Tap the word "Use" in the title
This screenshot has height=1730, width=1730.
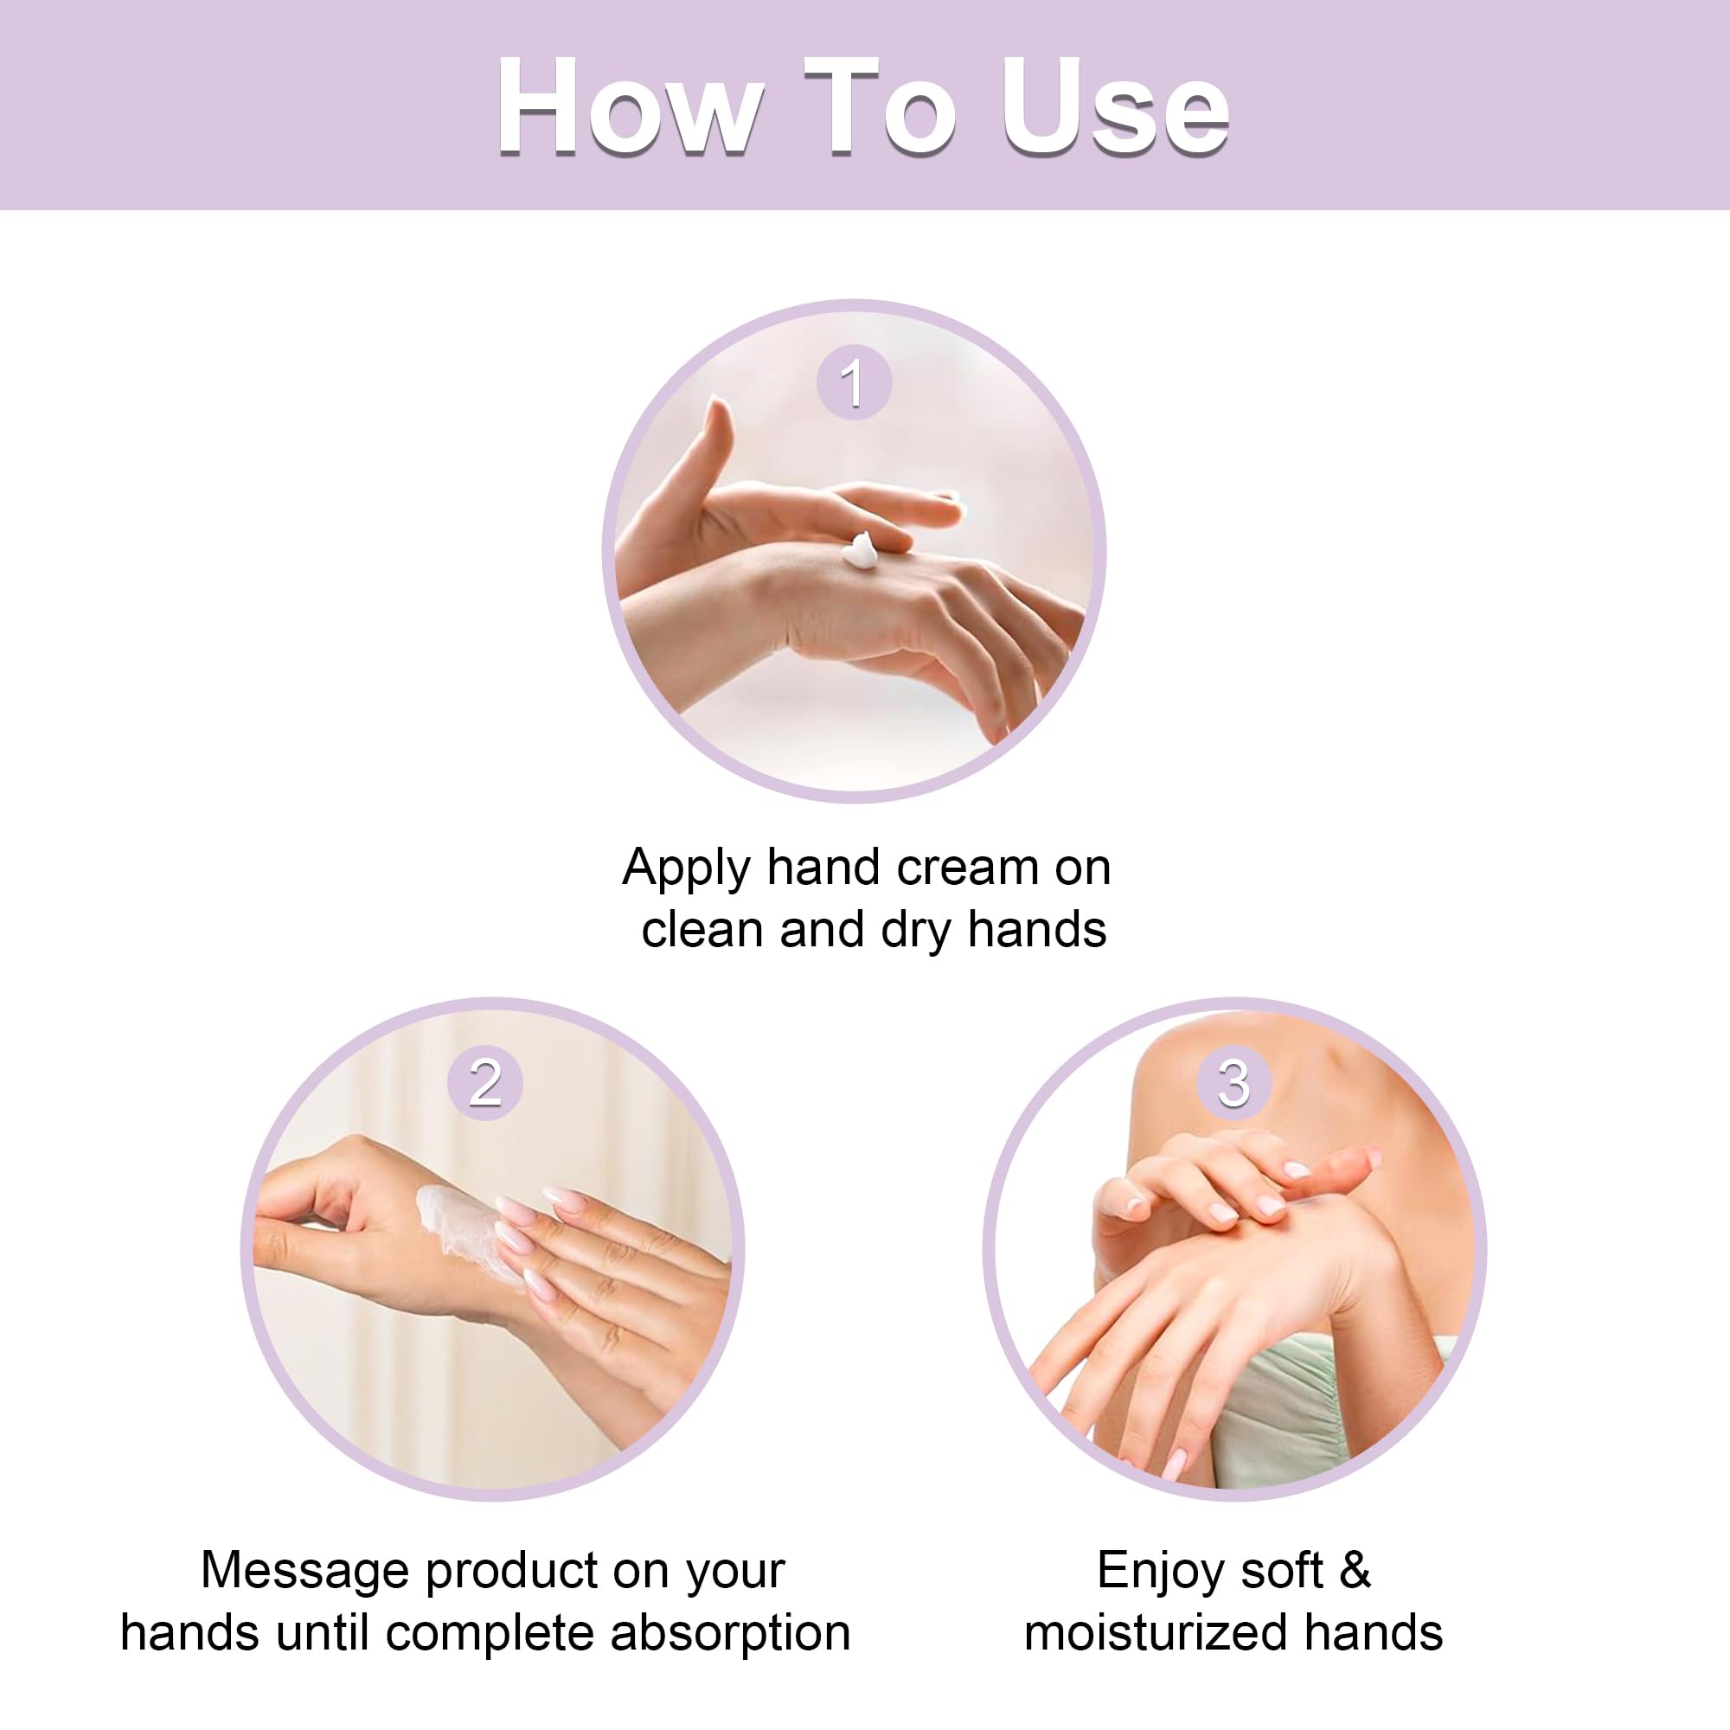[1115, 106]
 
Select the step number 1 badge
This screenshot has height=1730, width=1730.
[855, 382]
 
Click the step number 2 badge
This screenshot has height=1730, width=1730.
[484, 1082]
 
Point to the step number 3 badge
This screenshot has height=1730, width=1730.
[1234, 1082]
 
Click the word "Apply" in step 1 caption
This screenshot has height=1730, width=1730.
[687, 868]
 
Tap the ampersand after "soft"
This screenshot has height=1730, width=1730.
[1355, 1570]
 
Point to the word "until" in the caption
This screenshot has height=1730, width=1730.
[322, 1632]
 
